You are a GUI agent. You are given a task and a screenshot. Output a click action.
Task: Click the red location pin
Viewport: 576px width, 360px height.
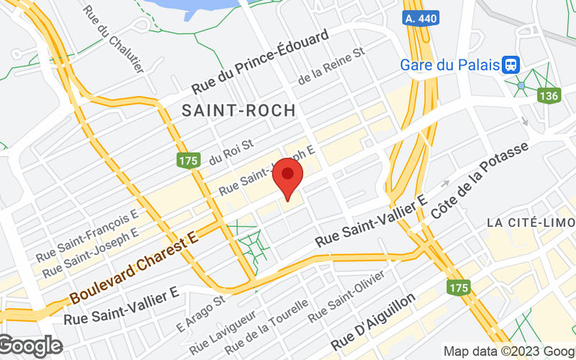(289, 176)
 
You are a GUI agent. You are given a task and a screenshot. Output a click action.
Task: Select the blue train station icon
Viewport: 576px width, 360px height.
(512, 65)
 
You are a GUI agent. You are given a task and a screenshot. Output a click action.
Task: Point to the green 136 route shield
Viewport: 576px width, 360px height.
(548, 95)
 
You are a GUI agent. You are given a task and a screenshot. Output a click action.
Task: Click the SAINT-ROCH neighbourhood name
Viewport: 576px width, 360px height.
(238, 110)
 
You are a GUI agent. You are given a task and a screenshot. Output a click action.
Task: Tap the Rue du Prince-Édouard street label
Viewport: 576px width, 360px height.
(260, 62)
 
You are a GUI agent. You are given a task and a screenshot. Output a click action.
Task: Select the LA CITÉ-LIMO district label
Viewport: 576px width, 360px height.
(531, 222)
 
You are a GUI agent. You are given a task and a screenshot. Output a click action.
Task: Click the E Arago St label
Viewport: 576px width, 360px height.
(202, 307)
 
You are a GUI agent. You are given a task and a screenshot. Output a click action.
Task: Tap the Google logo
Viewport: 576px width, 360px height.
(31, 346)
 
